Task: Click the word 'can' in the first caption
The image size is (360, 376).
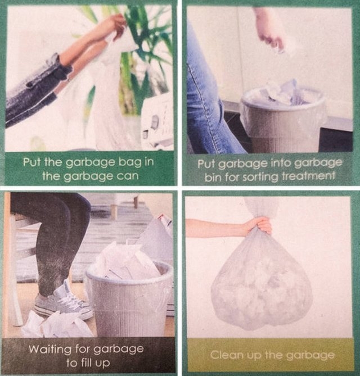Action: [128, 176]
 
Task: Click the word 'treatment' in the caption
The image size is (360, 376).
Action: [308, 176]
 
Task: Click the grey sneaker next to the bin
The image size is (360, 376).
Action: [64, 302]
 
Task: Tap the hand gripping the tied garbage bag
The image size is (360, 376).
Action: [260, 225]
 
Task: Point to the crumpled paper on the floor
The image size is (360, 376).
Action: [57, 324]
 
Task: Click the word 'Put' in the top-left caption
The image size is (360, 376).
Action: [31, 162]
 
